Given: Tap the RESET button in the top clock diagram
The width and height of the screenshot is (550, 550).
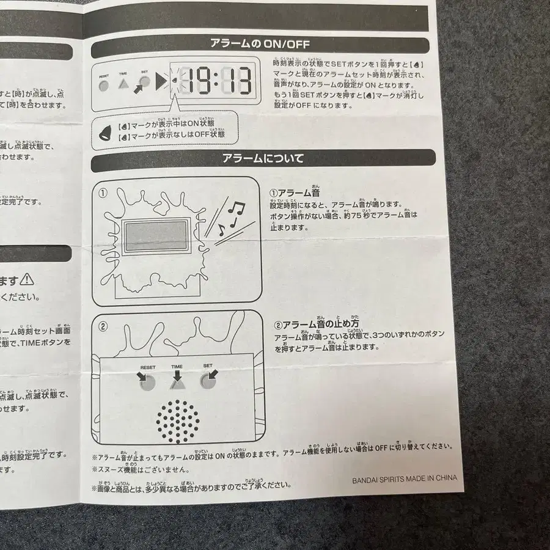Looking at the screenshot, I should (x=103, y=85).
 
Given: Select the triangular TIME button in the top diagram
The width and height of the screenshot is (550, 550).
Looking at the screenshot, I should (x=123, y=84).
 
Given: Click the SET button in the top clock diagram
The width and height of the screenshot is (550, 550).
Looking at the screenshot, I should (x=145, y=82).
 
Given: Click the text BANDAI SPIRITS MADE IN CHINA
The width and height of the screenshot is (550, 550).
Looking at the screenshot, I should (x=404, y=479).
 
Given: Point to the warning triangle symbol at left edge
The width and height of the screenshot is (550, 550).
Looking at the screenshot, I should (x=28, y=280).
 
